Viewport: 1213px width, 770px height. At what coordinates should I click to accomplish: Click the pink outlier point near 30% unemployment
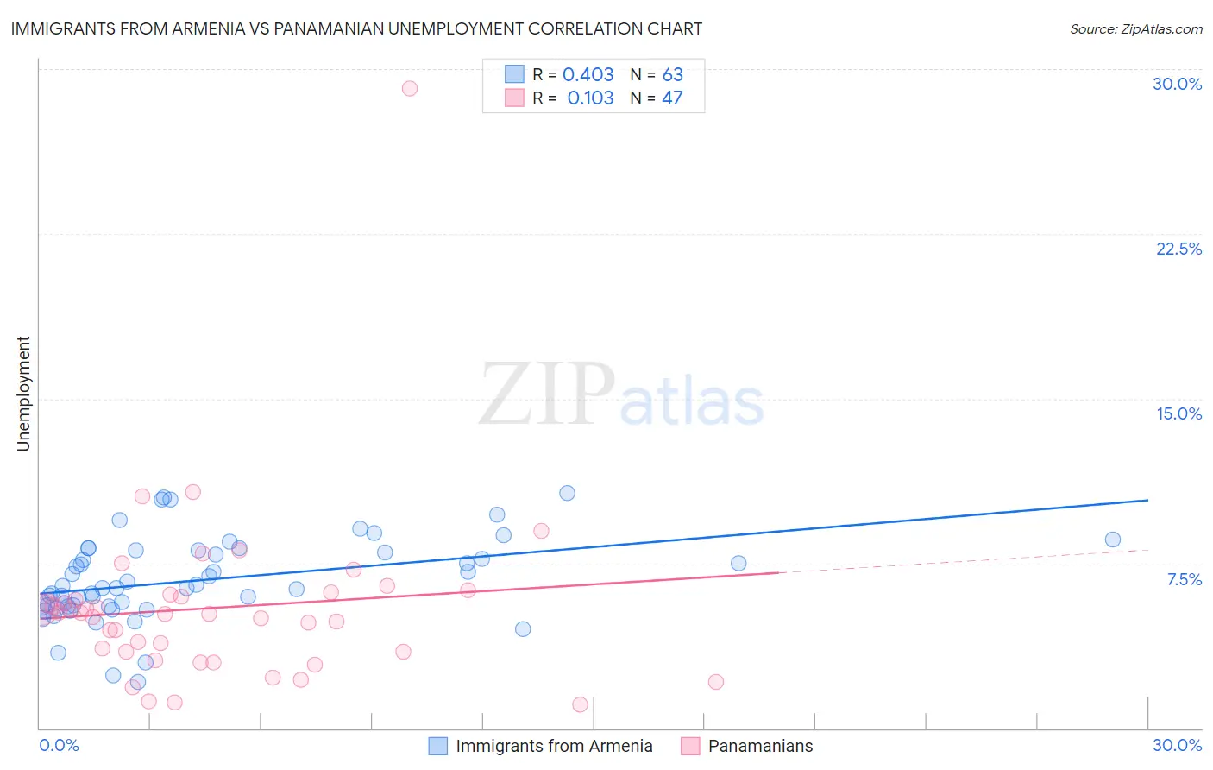click(x=410, y=88)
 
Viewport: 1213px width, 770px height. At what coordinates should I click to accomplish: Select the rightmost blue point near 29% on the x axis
click(x=1113, y=540)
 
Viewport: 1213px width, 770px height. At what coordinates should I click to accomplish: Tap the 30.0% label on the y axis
click(x=1177, y=84)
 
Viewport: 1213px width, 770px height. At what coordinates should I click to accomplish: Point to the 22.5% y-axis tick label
click(x=1178, y=249)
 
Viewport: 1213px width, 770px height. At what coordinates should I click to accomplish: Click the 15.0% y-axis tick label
click(x=1178, y=413)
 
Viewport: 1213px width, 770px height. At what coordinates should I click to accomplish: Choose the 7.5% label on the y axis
click(x=1184, y=579)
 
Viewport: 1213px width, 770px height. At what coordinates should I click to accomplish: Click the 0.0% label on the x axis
click(x=59, y=745)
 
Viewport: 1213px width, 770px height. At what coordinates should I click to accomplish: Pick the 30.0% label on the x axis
click(x=1177, y=745)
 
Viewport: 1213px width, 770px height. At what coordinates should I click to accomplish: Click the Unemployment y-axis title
click(x=23, y=394)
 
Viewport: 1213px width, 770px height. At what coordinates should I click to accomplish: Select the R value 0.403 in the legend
click(x=588, y=75)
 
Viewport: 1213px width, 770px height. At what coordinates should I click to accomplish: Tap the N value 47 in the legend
click(x=672, y=98)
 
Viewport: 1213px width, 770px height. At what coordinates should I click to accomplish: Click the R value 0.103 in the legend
click(x=590, y=98)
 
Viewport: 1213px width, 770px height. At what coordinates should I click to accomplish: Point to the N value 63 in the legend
click(x=672, y=75)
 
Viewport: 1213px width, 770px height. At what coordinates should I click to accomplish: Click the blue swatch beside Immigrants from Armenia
click(x=438, y=746)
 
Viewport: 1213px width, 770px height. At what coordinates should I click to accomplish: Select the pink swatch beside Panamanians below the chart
click(x=690, y=746)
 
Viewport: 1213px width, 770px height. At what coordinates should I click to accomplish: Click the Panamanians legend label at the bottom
click(x=760, y=746)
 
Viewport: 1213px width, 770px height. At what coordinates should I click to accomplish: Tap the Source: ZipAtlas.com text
click(x=1135, y=29)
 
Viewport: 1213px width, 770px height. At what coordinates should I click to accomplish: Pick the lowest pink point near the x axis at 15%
click(x=580, y=704)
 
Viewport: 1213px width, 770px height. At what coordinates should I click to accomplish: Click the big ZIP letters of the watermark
click(x=547, y=395)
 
